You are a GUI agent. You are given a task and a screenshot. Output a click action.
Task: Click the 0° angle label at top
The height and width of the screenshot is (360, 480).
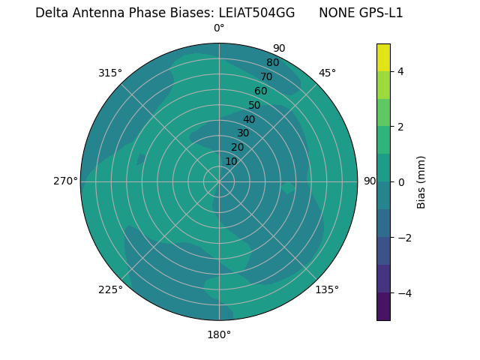[219, 28]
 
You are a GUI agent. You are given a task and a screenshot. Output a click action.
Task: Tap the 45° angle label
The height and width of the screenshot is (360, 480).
[327, 73]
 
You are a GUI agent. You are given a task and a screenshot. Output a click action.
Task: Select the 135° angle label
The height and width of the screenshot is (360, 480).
[327, 289]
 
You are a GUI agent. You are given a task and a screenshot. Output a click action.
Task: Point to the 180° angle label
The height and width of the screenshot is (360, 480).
[219, 334]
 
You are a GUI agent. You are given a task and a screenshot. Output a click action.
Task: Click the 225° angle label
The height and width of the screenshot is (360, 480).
[110, 289]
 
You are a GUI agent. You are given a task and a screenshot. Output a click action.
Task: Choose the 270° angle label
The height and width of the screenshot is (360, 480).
[65, 181]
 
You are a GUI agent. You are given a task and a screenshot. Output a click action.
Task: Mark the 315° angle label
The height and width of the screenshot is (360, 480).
[110, 73]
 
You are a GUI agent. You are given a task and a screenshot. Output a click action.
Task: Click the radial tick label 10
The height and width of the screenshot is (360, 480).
[231, 161]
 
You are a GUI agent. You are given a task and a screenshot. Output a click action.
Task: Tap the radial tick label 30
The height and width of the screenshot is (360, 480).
[243, 133]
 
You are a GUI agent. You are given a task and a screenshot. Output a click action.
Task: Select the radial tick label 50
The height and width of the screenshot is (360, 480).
[254, 105]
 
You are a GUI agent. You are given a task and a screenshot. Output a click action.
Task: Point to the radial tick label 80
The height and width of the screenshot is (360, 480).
[272, 63]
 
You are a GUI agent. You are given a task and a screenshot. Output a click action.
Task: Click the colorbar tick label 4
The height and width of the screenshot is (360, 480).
[400, 71]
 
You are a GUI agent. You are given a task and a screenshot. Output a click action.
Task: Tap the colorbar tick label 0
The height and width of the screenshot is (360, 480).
[400, 182]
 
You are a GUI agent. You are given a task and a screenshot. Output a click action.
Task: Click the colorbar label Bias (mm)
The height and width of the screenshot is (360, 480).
[421, 181]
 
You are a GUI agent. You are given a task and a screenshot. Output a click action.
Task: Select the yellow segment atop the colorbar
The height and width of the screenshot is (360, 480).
[383, 57]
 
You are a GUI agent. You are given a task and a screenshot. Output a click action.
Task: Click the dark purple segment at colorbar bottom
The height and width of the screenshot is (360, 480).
[383, 307]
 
